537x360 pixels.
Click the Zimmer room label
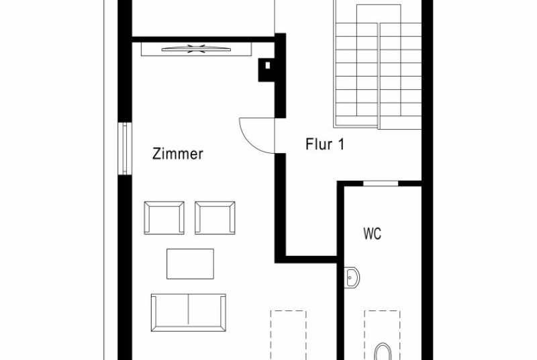click(177, 154)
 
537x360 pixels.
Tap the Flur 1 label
click(325, 144)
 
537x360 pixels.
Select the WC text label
click(373, 234)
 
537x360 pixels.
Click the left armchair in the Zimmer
click(164, 218)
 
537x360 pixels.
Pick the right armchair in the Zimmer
click(215, 218)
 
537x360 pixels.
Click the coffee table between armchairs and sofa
click(191, 264)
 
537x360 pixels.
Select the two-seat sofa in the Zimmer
click(189, 312)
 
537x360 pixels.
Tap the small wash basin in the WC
click(352, 277)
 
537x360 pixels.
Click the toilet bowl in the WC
click(383, 352)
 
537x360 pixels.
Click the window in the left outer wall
click(125, 148)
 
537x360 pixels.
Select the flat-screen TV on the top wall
click(196, 49)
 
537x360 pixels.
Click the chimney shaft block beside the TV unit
click(267, 70)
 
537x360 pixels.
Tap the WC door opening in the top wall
click(381, 183)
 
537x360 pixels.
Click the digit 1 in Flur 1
click(341, 144)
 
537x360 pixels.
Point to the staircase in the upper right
click(378, 65)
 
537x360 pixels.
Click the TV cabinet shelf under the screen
click(196, 49)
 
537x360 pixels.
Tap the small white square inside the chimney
click(267, 65)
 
